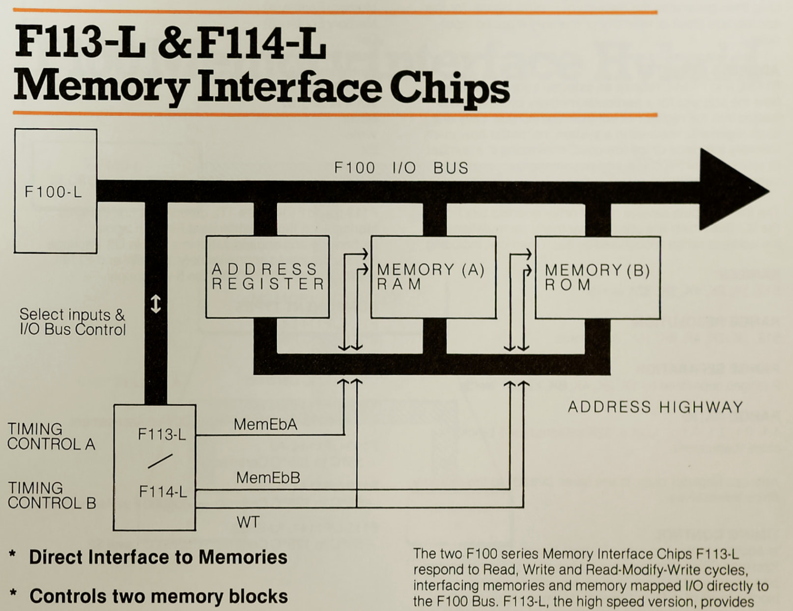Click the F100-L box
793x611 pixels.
coord(55,191)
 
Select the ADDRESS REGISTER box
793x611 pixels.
coord(267,277)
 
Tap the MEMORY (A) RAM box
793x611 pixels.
coord(433,277)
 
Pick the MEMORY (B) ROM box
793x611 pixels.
coord(597,278)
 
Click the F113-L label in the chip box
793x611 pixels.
coord(162,435)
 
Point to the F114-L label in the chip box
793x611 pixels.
coord(163,492)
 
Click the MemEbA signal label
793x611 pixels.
coord(265,424)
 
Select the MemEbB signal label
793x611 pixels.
coord(268,478)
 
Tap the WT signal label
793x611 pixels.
coord(248,522)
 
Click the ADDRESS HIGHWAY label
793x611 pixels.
coord(655,407)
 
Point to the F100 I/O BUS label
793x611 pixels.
coord(401,168)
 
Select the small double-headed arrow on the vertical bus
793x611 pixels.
coord(156,304)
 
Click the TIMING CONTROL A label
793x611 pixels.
coord(51,437)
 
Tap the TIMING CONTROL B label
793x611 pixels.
coord(52,496)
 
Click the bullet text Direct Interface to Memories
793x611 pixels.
coord(158,557)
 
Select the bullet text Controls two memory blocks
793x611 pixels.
coord(158,596)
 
